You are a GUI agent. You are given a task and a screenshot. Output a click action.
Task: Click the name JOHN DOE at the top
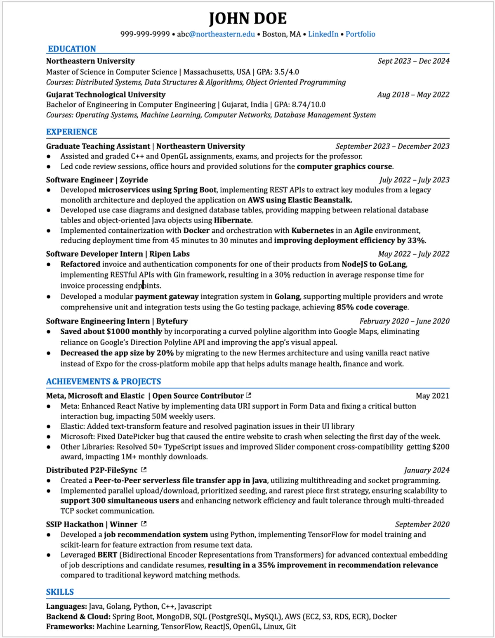[247, 19]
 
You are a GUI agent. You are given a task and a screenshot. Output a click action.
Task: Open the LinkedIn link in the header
[323, 34]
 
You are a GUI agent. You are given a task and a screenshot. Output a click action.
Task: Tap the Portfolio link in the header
[360, 34]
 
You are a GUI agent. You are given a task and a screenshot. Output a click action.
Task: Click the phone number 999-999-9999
[145, 34]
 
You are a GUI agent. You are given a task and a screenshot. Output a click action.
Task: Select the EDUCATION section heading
[72, 49]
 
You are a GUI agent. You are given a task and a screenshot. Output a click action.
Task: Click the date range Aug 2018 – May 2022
[413, 95]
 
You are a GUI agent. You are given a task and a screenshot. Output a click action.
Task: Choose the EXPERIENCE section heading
[72, 132]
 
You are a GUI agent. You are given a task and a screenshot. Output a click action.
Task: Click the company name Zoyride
[134, 180]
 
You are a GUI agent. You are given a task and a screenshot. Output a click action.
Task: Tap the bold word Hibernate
[232, 220]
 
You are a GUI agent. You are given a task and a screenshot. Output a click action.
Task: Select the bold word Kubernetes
[312, 231]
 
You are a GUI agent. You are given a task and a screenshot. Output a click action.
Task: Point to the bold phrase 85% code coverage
[372, 307]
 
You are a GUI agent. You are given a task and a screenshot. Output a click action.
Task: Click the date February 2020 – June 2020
[404, 321]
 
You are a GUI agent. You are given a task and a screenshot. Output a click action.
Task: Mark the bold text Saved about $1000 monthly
[111, 331]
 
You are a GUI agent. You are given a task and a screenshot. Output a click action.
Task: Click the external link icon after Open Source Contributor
[248, 395]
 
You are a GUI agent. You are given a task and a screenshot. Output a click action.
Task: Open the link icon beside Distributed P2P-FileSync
[144, 470]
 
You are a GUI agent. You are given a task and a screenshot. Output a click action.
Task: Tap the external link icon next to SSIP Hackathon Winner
[144, 524]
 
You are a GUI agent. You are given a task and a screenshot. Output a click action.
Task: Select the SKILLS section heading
[60, 592]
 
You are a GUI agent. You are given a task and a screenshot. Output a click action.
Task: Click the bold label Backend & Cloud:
[78, 617]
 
